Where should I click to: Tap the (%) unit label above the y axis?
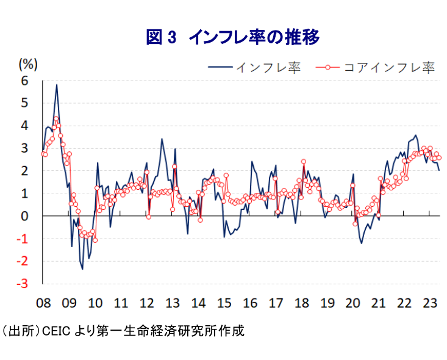pyautogui.click(x=29, y=63)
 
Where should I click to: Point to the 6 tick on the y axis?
pyautogui.click(x=25, y=81)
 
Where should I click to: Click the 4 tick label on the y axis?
pyautogui.click(x=25, y=126)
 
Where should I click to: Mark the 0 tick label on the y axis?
pyautogui.click(x=25, y=216)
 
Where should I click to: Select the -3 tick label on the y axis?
pyautogui.click(x=23, y=284)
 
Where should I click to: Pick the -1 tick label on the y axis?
pyautogui.click(x=23, y=239)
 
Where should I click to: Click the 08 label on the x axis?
pyautogui.click(x=43, y=302)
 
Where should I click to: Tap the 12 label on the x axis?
pyautogui.click(x=146, y=302)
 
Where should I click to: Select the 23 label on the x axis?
pyautogui.click(x=430, y=302)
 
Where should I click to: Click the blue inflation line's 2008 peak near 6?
pyautogui.click(x=57, y=85)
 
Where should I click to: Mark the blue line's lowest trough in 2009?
pyautogui.click(x=82, y=268)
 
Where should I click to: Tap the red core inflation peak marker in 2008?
pyautogui.click(x=56, y=119)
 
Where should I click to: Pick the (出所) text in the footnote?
pyautogui.click(x=20, y=331)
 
